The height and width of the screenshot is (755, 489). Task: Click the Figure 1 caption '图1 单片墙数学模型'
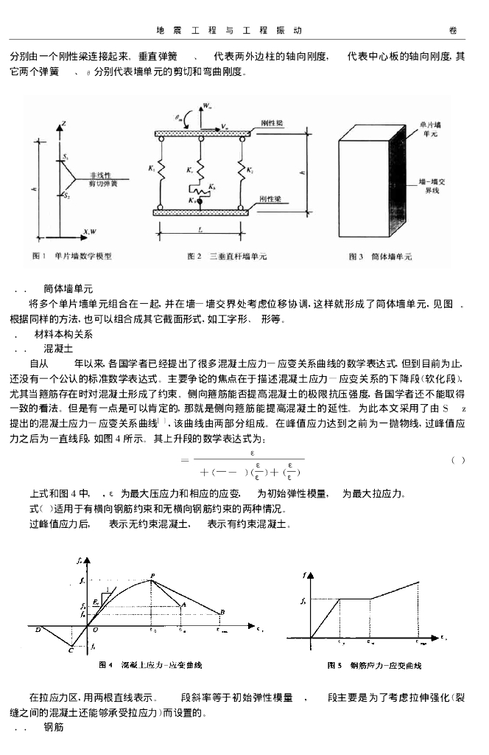click(x=73, y=256)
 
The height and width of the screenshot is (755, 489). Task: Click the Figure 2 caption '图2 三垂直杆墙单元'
click(x=228, y=257)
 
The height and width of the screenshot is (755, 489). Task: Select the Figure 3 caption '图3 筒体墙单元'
click(x=380, y=257)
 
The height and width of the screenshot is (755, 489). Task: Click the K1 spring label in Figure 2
click(x=151, y=168)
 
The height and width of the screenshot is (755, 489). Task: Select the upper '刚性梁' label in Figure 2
click(x=272, y=123)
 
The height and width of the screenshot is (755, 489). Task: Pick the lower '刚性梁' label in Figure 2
click(x=270, y=200)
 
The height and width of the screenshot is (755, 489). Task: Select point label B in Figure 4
click(x=222, y=612)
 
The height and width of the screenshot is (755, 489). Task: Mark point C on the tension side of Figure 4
click(x=71, y=650)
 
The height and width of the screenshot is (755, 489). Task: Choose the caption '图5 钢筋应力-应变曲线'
click(x=374, y=666)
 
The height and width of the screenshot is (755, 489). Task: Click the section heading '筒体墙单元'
click(x=68, y=288)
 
